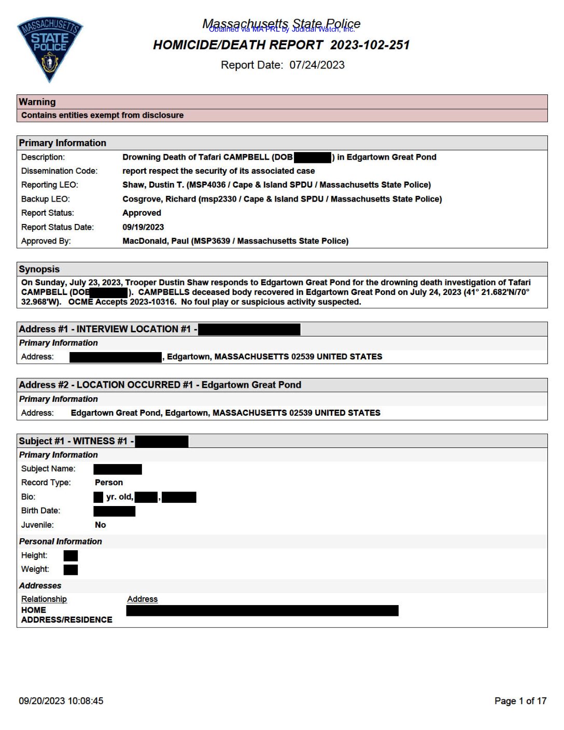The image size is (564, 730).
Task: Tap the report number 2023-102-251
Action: tap(370, 45)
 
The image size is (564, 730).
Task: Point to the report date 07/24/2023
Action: tap(317, 65)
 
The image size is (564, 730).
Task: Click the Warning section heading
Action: tap(37, 102)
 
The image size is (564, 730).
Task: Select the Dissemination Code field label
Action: tap(59, 171)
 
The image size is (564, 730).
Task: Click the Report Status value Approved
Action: tap(142, 213)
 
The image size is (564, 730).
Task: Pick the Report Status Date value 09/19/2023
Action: tap(143, 227)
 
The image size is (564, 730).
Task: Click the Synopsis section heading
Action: tap(39, 269)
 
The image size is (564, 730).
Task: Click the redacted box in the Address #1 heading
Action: tap(249, 329)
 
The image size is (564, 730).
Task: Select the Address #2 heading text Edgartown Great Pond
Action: tap(251, 385)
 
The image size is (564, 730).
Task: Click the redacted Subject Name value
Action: tap(118, 469)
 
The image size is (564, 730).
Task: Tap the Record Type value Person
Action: tap(109, 483)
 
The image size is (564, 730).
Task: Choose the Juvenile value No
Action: tap(101, 525)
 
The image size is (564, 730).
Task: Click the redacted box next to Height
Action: tap(70, 556)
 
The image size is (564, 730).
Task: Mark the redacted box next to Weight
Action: tap(70, 570)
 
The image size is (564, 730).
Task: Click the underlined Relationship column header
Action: tap(44, 599)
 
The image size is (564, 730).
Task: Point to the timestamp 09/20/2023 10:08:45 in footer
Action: tap(61, 701)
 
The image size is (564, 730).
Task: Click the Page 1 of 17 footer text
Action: tap(520, 701)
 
